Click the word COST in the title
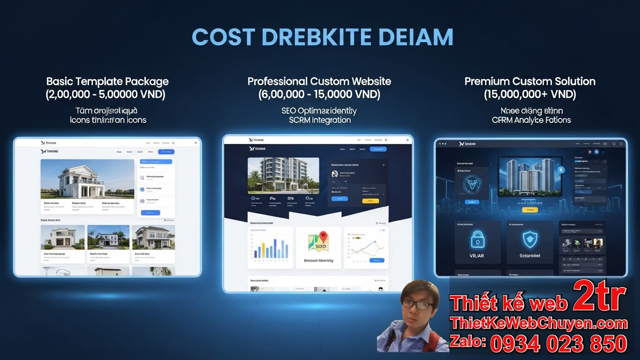tap(223, 37)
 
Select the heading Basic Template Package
tap(107, 82)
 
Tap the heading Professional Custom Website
tap(319, 82)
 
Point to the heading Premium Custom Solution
tap(530, 82)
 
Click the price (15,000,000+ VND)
tap(530, 95)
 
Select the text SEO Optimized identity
tap(319, 111)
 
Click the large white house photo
tap(87, 179)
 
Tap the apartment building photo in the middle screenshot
tap(283, 175)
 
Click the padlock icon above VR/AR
tap(477, 240)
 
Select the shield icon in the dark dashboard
tap(530, 240)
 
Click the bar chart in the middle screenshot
tap(270, 247)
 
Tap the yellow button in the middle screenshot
tap(370, 201)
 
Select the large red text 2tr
tap(599, 296)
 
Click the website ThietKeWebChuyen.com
tap(538, 323)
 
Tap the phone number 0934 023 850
tap(558, 344)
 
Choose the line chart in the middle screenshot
tap(366, 247)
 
